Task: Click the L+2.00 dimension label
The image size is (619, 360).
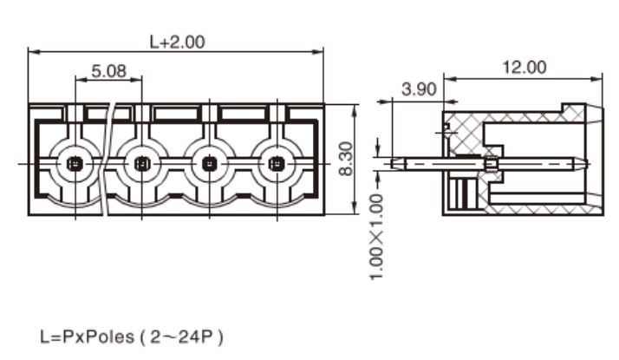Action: point(177,42)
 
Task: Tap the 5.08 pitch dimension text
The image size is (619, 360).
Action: point(109,71)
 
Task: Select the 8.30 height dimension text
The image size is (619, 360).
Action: point(346,159)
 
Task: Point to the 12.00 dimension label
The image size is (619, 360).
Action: point(525,67)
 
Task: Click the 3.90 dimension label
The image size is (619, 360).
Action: point(419,89)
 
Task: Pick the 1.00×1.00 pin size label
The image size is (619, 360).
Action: point(376,237)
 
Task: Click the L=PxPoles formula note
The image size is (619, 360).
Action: point(88,337)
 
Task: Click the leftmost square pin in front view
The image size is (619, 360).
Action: point(75,163)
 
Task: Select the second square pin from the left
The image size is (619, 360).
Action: point(141,163)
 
